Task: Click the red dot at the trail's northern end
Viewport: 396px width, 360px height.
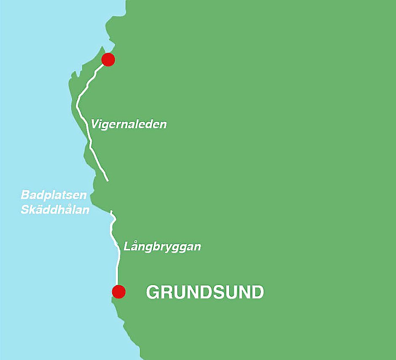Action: (x=108, y=59)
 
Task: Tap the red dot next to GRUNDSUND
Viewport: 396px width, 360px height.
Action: (x=119, y=291)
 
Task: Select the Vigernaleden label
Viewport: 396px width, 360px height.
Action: (x=128, y=124)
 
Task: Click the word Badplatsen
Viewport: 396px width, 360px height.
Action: (x=54, y=196)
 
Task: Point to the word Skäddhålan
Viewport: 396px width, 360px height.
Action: (x=55, y=209)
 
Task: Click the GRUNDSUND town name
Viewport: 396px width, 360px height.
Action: (x=205, y=292)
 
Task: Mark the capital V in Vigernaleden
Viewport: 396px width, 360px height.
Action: (x=95, y=124)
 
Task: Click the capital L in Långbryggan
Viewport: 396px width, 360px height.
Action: (x=127, y=247)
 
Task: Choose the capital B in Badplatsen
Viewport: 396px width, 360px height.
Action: (x=25, y=196)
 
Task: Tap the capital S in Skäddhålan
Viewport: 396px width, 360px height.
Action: (x=25, y=209)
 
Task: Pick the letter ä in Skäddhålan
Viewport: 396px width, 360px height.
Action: (x=40, y=209)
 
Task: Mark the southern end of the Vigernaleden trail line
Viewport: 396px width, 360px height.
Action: (x=107, y=180)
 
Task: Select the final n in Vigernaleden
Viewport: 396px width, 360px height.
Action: (x=163, y=125)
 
